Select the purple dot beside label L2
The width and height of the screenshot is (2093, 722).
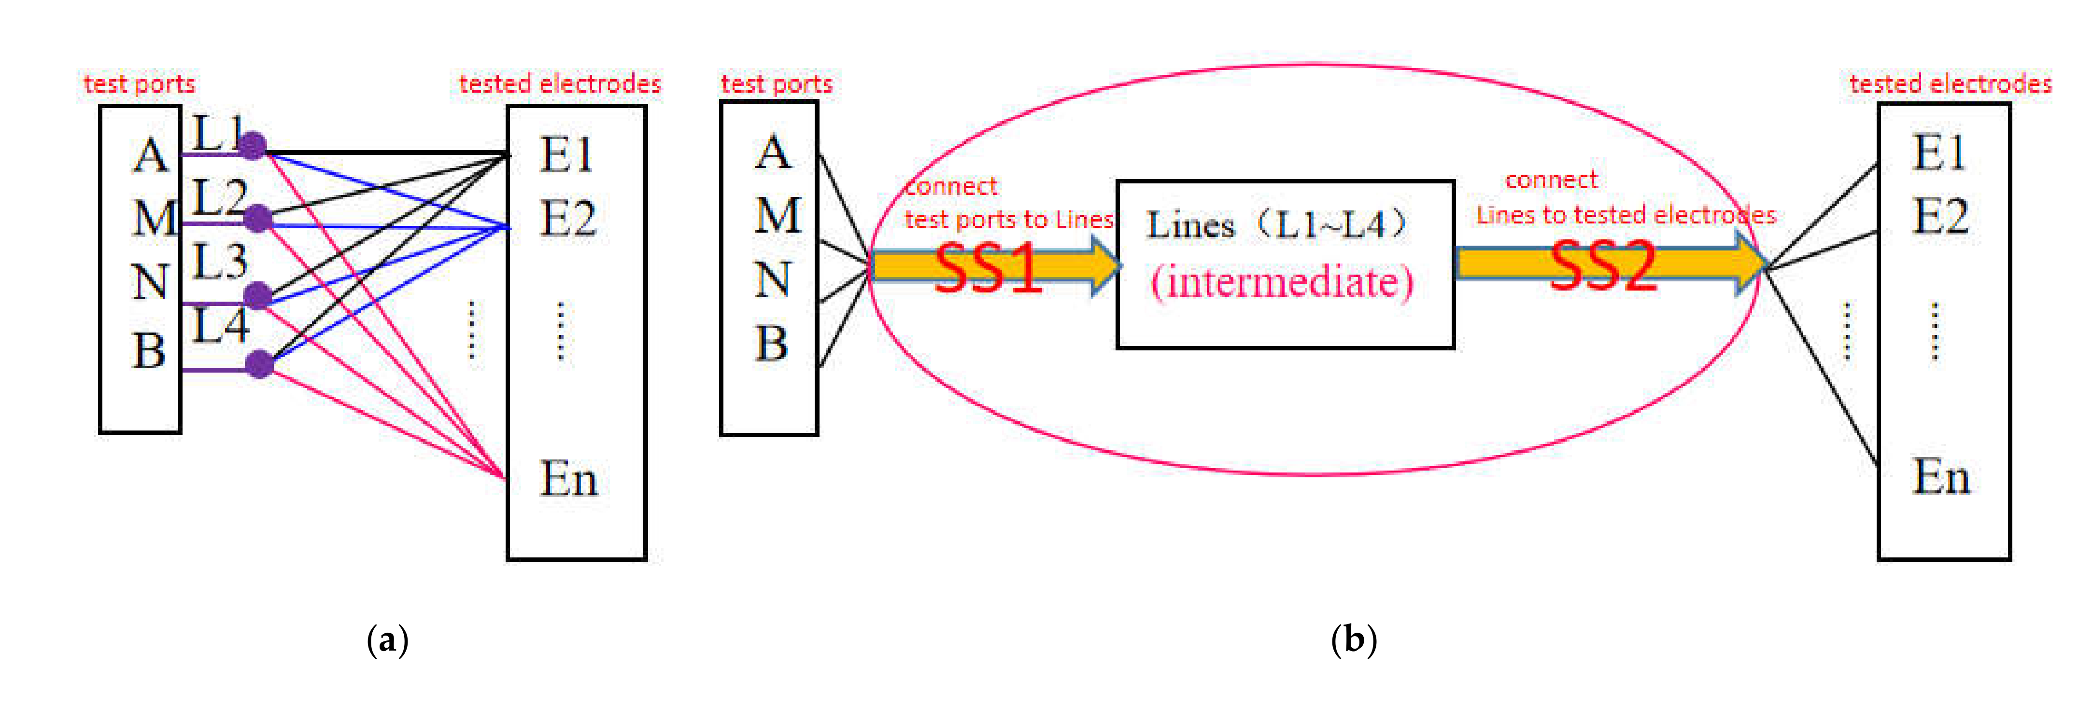[x=257, y=218]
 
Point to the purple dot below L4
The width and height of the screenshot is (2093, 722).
[x=259, y=364]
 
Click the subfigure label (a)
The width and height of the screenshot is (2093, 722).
[x=388, y=640]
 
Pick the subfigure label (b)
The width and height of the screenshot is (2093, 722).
[x=1354, y=640]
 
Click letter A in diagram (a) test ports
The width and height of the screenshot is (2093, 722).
[x=150, y=156]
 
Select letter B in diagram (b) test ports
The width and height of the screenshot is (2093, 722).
[x=771, y=344]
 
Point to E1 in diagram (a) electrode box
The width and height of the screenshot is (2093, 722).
[x=566, y=154]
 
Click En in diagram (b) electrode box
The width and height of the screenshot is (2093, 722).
[x=1941, y=477]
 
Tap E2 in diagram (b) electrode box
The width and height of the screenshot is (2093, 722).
[x=1940, y=217]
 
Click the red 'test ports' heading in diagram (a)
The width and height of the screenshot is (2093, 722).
[x=139, y=83]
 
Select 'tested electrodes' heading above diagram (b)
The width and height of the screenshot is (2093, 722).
[x=1950, y=83]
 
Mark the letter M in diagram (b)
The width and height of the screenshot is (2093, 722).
[x=778, y=215]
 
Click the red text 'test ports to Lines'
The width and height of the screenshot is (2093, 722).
[x=1008, y=219]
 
